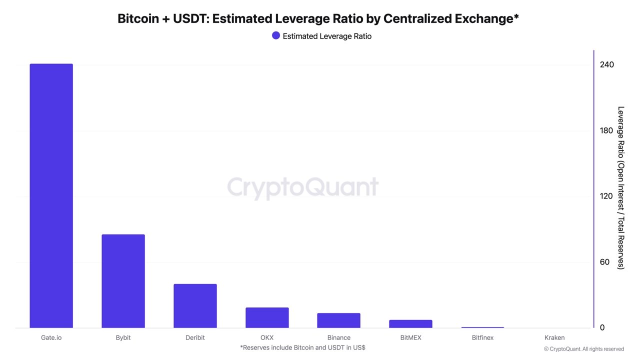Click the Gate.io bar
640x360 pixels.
[x=51, y=195]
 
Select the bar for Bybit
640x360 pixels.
[x=123, y=281]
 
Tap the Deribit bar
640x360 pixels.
[x=195, y=306]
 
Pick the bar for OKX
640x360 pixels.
[x=267, y=317]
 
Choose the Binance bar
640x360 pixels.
[x=339, y=320]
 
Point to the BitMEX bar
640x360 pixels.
[x=410, y=324]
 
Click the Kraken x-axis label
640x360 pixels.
[x=554, y=337]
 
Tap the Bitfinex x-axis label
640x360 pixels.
[x=482, y=337]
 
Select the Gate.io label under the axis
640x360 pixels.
[x=51, y=337]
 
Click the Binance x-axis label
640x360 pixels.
[x=339, y=337]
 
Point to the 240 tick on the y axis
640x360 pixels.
[x=607, y=64]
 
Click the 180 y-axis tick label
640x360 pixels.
[x=606, y=130]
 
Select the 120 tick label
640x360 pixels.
[x=606, y=196]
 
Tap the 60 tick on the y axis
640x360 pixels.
[x=604, y=262]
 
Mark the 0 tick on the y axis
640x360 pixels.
[x=602, y=327]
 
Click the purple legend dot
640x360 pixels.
[x=275, y=35]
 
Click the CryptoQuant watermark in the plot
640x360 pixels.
[x=303, y=187]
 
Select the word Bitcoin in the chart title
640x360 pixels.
[x=138, y=18]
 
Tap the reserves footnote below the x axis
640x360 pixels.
[x=302, y=347]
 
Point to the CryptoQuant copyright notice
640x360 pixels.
[x=583, y=349]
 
